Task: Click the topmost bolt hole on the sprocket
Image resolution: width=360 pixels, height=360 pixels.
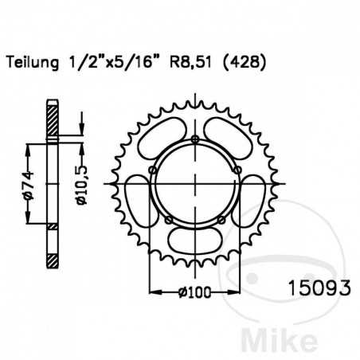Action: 195,142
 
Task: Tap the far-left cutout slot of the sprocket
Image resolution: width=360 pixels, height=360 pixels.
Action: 138,204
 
